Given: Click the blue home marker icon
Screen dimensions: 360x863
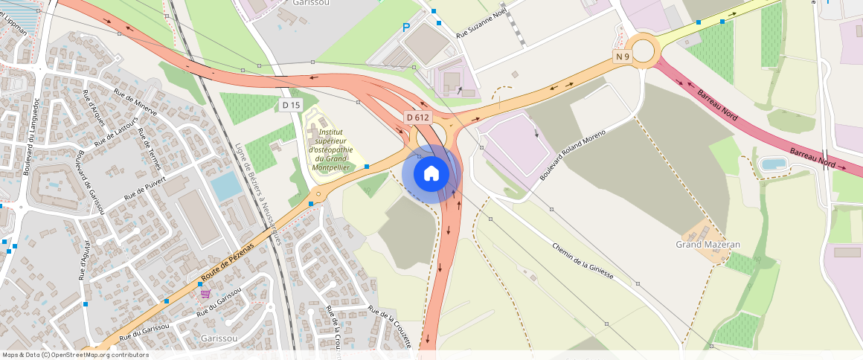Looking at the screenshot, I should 431,174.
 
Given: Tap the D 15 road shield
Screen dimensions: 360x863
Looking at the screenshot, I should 291,105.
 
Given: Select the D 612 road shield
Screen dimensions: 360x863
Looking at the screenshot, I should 418,118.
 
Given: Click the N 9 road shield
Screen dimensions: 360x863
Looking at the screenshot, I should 623,57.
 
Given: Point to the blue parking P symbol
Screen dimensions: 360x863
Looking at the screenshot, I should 405,28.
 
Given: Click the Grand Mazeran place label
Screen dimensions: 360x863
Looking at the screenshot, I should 708,244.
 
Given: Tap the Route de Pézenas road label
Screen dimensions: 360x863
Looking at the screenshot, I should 227,262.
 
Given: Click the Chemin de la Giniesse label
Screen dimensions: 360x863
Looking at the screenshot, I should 583,260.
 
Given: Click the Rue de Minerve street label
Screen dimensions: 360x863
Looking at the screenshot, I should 135,102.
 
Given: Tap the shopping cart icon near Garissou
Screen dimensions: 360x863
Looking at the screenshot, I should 205,293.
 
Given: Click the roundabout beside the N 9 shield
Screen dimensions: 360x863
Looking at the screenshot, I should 642,51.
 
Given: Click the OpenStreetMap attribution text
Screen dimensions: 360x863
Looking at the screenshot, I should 75,355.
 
